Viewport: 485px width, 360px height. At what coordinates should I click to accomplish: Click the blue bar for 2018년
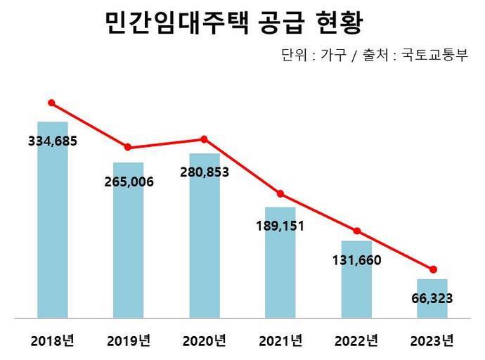point(53,232)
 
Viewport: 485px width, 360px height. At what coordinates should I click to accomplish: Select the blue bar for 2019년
point(129,253)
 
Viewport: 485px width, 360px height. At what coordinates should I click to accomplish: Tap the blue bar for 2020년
point(205,246)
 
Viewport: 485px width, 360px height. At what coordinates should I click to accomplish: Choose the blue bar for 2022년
point(356,288)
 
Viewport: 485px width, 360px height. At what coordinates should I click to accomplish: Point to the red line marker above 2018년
point(51,103)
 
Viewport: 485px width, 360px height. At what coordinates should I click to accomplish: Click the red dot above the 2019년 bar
point(128,147)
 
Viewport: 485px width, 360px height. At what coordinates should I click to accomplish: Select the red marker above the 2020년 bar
point(204,139)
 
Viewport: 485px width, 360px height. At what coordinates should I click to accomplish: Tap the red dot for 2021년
point(280,194)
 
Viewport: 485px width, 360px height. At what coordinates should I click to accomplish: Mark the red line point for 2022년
point(357,231)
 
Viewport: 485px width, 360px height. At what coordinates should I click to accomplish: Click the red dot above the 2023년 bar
point(433,269)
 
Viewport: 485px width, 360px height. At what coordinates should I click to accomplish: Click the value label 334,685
point(52,141)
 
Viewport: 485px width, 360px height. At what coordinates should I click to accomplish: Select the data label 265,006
point(129,182)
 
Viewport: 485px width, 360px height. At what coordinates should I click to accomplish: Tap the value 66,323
point(432,298)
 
